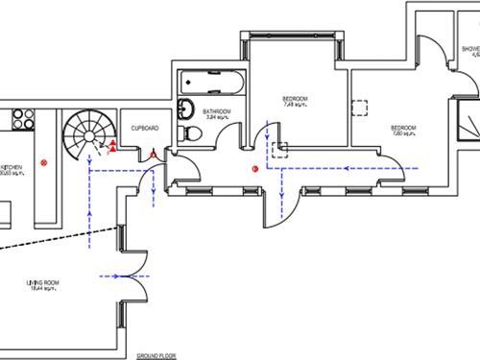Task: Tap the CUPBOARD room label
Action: click(x=145, y=128)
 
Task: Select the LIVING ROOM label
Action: click(x=43, y=284)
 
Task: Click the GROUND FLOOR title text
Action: click(x=156, y=353)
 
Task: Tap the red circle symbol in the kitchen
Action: click(x=43, y=164)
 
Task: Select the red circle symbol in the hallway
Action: click(x=254, y=167)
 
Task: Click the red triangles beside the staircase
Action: click(x=111, y=146)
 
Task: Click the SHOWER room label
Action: click(x=469, y=51)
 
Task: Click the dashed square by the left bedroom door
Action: click(x=280, y=149)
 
